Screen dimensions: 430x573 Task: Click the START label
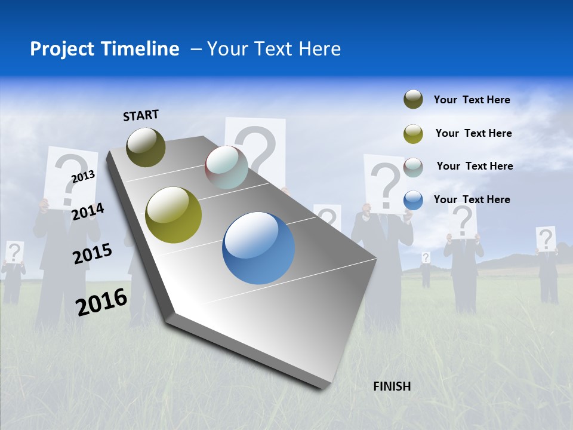click(141, 115)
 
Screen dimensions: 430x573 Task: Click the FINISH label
click(392, 386)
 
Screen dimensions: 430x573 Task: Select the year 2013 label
click(83, 176)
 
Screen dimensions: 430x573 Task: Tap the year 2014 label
click(88, 211)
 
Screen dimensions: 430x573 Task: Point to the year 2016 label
click(101, 302)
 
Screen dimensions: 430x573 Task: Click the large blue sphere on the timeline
click(258, 248)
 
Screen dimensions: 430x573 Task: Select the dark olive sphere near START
click(146, 147)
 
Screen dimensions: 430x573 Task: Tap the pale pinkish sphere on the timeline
click(226, 167)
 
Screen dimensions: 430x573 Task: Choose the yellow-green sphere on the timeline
click(174, 215)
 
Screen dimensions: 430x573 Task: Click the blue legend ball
click(413, 200)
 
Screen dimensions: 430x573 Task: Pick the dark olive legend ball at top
click(413, 100)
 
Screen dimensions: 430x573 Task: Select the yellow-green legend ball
click(413, 134)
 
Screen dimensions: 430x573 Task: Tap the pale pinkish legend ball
click(413, 167)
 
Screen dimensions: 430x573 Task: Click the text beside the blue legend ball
click(472, 199)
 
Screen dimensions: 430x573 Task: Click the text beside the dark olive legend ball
click(472, 100)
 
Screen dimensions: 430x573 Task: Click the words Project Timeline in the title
click(104, 49)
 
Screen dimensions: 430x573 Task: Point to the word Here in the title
click(320, 49)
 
